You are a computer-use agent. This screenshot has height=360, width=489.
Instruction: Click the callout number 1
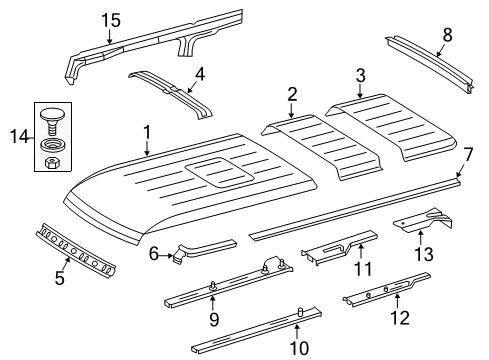pos(146,132)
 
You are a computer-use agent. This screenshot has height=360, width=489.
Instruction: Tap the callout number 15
pos(109,20)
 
